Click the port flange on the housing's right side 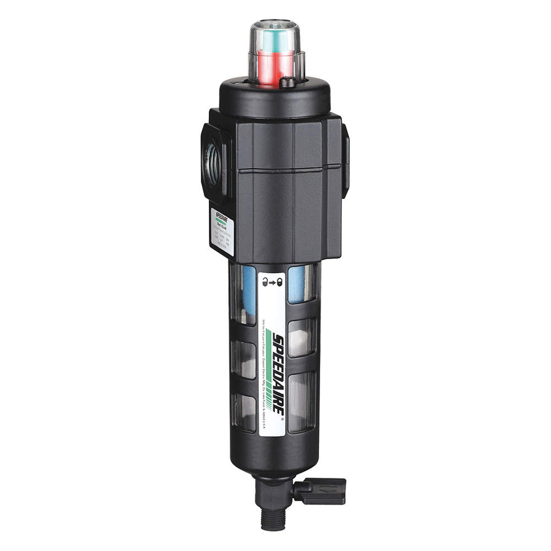coord(345,160)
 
